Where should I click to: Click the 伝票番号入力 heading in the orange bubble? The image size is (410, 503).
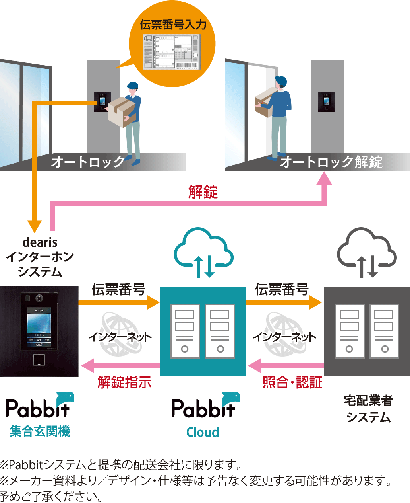(x=173, y=25)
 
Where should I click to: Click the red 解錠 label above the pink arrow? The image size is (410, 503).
(x=203, y=192)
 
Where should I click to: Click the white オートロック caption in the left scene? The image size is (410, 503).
(x=88, y=162)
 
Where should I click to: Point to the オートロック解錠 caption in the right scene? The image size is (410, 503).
(x=331, y=162)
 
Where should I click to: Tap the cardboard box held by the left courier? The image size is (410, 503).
(x=122, y=111)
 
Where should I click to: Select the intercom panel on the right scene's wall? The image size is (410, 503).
(x=327, y=102)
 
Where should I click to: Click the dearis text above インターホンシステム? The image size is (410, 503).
(x=40, y=242)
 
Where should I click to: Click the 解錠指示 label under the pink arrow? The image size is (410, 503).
(x=124, y=382)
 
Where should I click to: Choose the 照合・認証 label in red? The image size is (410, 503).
(x=292, y=382)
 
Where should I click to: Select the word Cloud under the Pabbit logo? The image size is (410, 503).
(x=203, y=432)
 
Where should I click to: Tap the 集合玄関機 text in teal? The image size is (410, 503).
(x=40, y=431)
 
